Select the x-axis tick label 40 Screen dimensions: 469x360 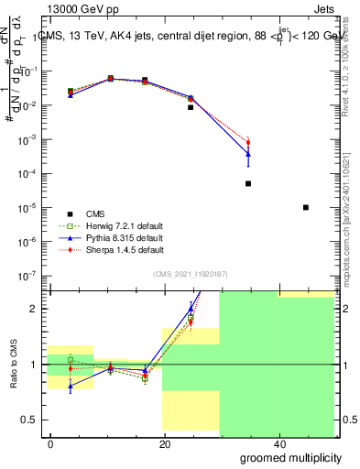click(277, 444)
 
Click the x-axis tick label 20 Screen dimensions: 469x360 click(164, 444)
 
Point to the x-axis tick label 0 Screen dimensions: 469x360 click(50, 444)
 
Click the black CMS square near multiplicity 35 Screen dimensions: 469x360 click(248, 183)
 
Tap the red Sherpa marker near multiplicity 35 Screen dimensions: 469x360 click(248, 142)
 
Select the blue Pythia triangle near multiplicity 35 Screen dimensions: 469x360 click(248, 154)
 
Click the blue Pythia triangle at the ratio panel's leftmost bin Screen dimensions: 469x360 click(71, 387)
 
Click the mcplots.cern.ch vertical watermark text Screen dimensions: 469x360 click(351, 229)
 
